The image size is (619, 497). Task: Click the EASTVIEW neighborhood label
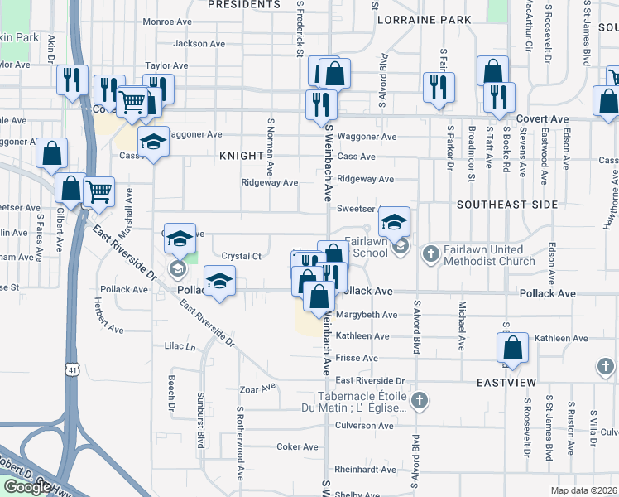pyautogui.click(x=506, y=382)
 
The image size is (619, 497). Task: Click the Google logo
pyautogui.click(x=26, y=488)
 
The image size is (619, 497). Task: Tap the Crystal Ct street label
pyautogui.click(x=242, y=256)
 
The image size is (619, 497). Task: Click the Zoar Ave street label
pyautogui.click(x=257, y=388)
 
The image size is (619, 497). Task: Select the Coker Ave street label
pyautogui.click(x=297, y=447)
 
